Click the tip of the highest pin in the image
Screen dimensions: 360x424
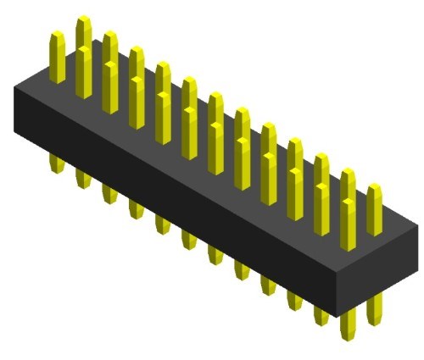pos(83,20)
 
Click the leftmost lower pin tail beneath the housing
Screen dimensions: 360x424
pos(57,163)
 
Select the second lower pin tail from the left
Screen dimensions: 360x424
pos(83,177)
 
